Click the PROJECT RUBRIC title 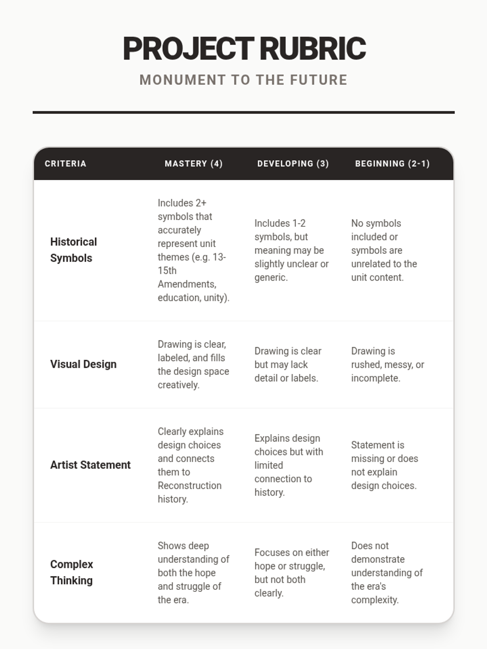point(244,49)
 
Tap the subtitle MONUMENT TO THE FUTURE point(243,80)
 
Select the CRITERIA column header point(65,163)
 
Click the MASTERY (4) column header point(194,163)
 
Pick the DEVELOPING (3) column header point(293,163)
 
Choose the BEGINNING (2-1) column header point(392,163)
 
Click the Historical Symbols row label point(73,250)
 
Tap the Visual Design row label point(83,364)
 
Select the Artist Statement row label point(90,465)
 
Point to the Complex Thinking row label point(71,572)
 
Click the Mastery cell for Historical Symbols point(193,250)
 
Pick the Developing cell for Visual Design point(288,364)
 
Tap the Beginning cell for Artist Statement point(384,465)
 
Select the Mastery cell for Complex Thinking point(193,572)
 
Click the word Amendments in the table point(187,284)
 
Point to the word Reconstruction point(190,486)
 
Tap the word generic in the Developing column point(270,277)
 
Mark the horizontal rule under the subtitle point(243,112)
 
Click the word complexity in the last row point(375,600)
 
